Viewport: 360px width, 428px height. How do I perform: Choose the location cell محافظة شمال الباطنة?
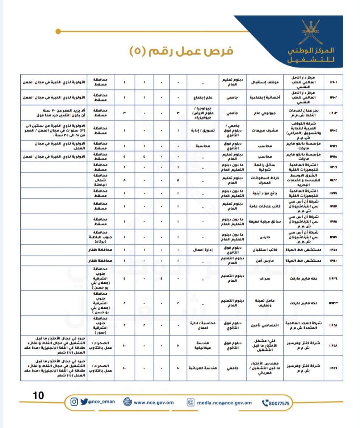point(99,180)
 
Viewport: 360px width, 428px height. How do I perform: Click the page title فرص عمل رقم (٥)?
point(181,50)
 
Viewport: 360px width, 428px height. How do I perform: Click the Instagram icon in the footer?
point(74,402)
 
